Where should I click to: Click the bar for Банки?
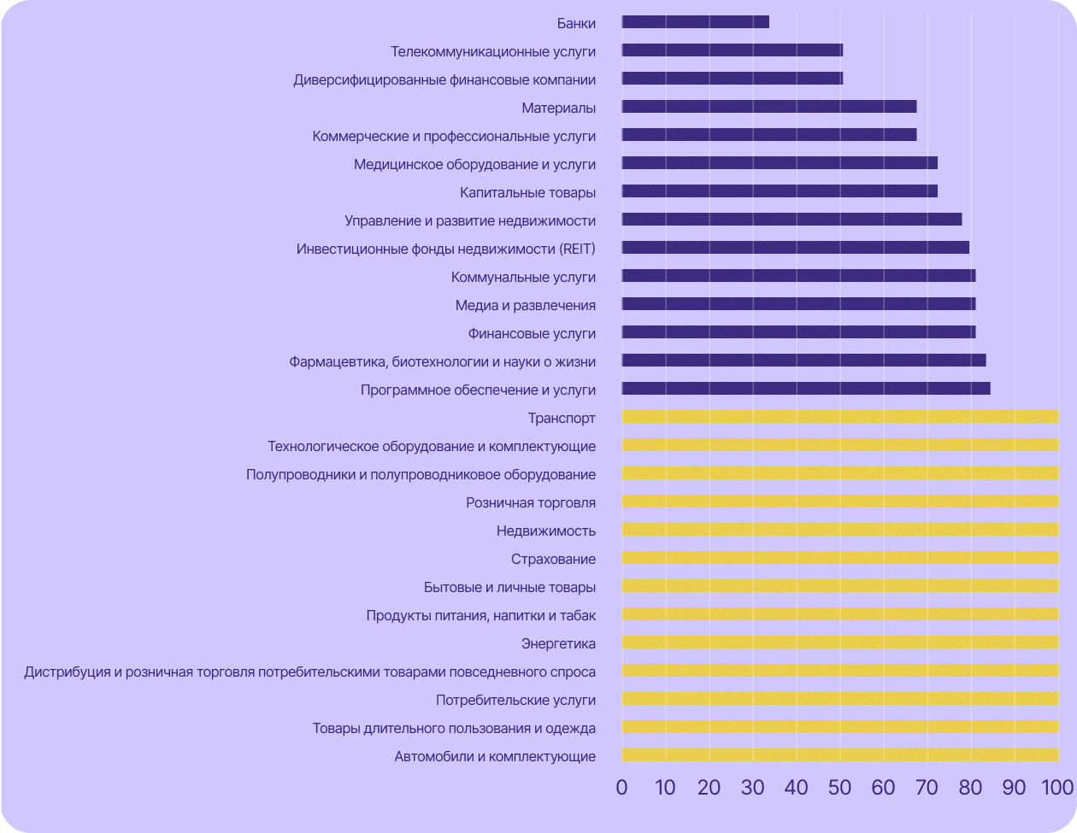(695, 22)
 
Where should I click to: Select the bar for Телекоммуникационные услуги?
(732, 50)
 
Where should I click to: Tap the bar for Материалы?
(768, 107)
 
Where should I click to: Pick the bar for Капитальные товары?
(779, 191)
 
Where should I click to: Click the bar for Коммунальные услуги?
(798, 276)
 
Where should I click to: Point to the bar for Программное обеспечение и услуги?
(805, 389)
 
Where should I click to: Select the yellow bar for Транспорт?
(839, 417)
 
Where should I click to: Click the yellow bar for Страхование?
(839, 558)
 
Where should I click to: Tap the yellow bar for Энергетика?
(839, 642)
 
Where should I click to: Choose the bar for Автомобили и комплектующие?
(839, 755)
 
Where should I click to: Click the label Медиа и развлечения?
(525, 305)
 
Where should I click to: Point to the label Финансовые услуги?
(531, 333)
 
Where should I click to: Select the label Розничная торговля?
(530, 502)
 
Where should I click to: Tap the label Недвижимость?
(545, 531)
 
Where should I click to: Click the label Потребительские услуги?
(515, 700)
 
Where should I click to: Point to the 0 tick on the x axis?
(621, 787)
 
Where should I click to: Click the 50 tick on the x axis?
(839, 787)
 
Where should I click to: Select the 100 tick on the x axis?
(1056, 787)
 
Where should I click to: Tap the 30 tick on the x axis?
(752, 787)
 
